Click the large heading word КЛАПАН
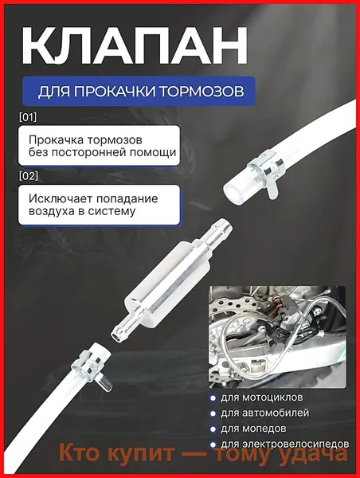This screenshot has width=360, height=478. [x=135, y=45]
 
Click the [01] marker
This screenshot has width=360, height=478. [x=28, y=117]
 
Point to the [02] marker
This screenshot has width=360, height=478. [x=29, y=176]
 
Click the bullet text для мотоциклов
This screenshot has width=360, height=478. [x=262, y=398]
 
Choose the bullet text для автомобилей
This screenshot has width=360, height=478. [x=265, y=413]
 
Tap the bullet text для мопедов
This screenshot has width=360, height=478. [x=253, y=429]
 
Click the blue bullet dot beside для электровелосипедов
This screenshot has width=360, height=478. [x=213, y=445]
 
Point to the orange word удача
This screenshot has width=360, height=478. [x=309, y=453]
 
